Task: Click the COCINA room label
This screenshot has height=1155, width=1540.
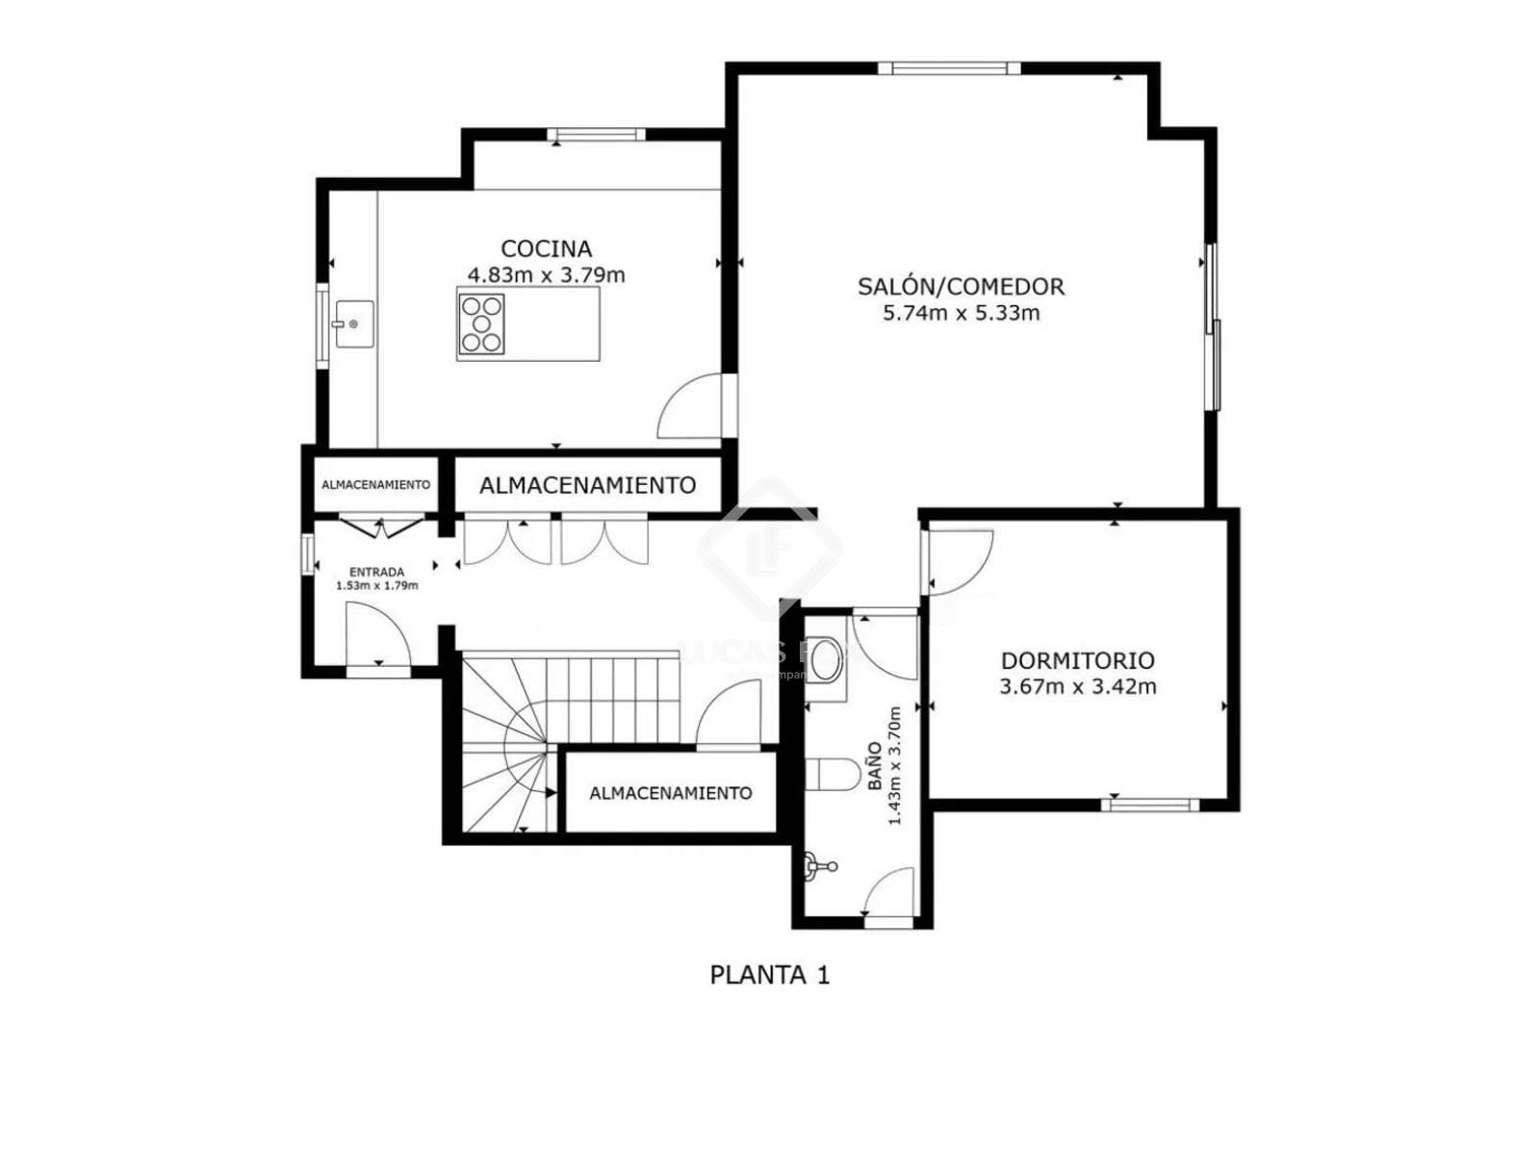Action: click(546, 248)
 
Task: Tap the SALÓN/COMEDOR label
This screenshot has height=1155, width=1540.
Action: click(961, 286)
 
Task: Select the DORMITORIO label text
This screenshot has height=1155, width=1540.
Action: click(1077, 660)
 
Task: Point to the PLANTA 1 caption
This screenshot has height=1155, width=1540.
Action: click(770, 975)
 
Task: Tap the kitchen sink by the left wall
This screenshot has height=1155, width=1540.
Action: click(352, 324)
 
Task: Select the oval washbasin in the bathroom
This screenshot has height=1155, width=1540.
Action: click(824, 659)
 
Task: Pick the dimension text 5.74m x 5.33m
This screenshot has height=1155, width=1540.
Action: click(961, 313)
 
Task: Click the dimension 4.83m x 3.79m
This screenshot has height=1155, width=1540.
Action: click(546, 275)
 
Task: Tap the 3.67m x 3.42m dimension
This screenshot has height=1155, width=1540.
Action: click(1077, 686)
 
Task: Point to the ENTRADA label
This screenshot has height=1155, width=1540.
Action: click(376, 573)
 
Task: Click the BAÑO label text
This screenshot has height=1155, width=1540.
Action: click(874, 766)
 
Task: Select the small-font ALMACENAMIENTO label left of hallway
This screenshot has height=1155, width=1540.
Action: click(375, 484)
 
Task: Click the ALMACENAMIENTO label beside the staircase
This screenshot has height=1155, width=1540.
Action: click(670, 793)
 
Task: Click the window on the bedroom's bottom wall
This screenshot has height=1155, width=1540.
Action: click(1149, 805)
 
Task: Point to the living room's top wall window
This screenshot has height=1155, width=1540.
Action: click(949, 68)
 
